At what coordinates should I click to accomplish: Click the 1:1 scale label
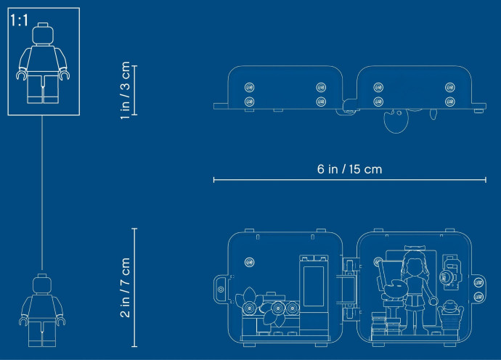pyautogui.click(x=19, y=20)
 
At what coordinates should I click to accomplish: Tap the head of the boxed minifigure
pyautogui.click(x=43, y=33)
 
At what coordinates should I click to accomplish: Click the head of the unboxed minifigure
pyautogui.click(x=42, y=284)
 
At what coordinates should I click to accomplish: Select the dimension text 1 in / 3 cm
pyautogui.click(x=125, y=91)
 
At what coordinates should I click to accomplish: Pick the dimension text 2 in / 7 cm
pyautogui.click(x=125, y=288)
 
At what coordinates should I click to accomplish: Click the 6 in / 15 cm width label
pyautogui.click(x=349, y=169)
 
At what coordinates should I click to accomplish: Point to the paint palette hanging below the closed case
pyautogui.click(x=396, y=120)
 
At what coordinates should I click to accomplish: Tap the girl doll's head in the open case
pyautogui.click(x=413, y=264)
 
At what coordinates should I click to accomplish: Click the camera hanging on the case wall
pyautogui.click(x=450, y=272)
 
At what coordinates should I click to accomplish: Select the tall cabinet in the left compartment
pyautogui.click(x=314, y=295)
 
